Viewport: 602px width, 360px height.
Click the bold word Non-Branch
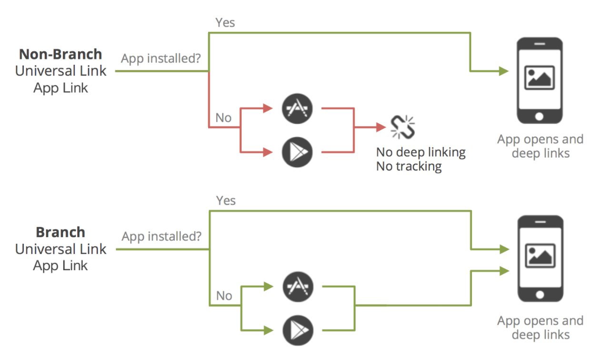point(60,54)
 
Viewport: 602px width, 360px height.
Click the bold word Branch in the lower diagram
point(60,232)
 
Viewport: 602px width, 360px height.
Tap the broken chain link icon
point(402,127)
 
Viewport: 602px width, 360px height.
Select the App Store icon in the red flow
point(297,109)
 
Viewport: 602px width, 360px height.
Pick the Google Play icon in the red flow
point(297,152)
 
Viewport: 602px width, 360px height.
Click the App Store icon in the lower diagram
point(298,287)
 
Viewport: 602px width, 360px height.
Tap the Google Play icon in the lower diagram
point(298,330)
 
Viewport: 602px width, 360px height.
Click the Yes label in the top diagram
point(225,22)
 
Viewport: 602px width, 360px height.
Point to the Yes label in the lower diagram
point(226,200)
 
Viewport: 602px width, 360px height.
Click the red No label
point(223,118)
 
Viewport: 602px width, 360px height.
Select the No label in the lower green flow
point(224,296)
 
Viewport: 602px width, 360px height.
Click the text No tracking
point(409,166)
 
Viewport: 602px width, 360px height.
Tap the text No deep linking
point(421,152)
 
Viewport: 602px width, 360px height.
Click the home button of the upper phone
point(539,116)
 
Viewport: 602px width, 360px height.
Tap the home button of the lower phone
point(540,295)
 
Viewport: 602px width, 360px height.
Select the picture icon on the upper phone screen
point(539,78)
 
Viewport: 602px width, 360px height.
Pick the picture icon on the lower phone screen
point(540,256)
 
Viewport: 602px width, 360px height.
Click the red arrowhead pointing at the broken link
point(381,127)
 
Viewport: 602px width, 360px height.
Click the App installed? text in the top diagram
point(161,59)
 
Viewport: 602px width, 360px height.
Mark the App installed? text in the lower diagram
point(161,236)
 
